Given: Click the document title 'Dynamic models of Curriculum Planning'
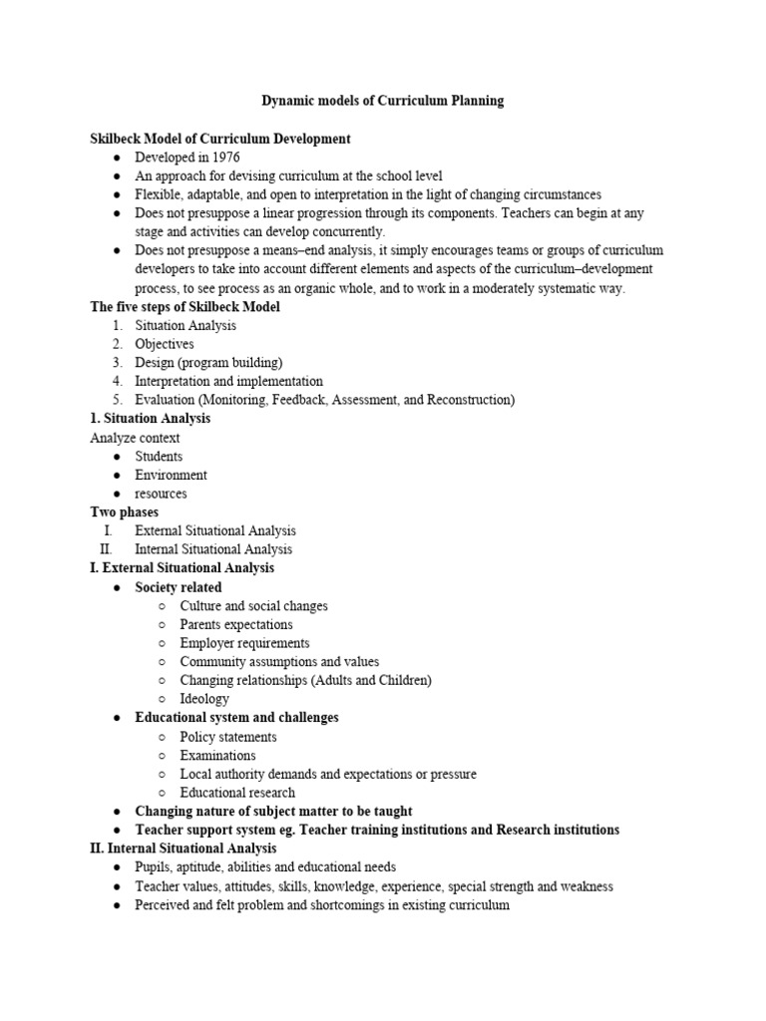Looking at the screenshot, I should point(382,101).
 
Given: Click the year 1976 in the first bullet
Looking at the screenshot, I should point(225,158).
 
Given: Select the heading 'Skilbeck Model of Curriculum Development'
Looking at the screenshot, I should point(220,139).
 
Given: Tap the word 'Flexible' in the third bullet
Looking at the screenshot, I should point(159,194).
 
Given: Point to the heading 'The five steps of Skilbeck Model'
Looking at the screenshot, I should point(186,307).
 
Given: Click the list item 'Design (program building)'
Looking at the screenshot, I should point(208,363).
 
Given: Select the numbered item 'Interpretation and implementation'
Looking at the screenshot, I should point(228,381).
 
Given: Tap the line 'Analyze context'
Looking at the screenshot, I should point(135,438).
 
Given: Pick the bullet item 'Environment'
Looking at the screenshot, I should point(171,475).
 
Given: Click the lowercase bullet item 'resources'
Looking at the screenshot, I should point(161,494).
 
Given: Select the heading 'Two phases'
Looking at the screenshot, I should point(125,512).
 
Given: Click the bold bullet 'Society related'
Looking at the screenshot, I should point(179,587).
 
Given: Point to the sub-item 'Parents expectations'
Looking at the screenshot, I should point(236,624).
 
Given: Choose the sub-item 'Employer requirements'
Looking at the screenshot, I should point(244,643).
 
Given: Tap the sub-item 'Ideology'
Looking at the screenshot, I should point(204,699).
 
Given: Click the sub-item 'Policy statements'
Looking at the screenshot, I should point(228,737).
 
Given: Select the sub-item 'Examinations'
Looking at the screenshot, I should point(217,756).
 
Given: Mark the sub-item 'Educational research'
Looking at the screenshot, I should point(237,793).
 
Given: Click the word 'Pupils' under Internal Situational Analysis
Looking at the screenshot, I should point(153,867).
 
